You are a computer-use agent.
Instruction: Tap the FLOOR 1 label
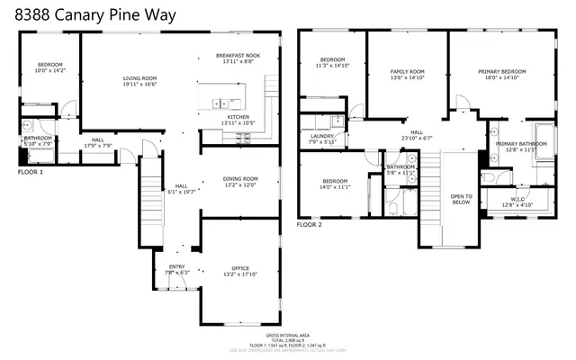tap(30, 170)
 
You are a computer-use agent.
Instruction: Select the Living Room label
tap(140, 78)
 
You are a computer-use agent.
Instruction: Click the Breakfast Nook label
tap(238, 56)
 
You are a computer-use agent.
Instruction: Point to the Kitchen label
tap(238, 117)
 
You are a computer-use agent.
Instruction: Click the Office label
tap(240, 269)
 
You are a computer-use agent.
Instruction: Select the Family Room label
tap(407, 71)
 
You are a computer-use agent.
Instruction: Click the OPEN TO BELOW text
tap(461, 199)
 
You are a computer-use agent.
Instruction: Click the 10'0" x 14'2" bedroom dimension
tap(50, 69)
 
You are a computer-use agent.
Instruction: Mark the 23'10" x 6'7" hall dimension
tap(417, 138)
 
